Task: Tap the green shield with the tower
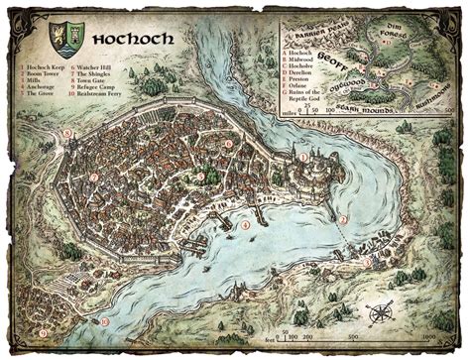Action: (x=68, y=37)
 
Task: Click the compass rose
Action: (x=379, y=315)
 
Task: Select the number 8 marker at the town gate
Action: (x=67, y=133)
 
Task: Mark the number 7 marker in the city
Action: (x=94, y=178)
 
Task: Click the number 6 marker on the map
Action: (x=227, y=144)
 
